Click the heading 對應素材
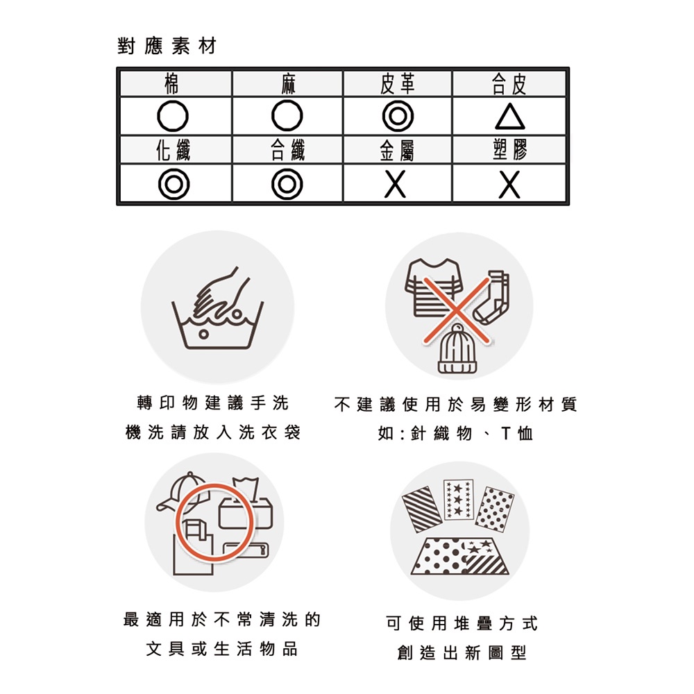[x=167, y=46]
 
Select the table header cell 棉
[x=176, y=84]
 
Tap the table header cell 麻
[x=288, y=84]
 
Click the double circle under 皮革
[x=398, y=116]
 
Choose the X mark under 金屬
[x=396, y=185]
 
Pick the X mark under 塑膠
[x=509, y=185]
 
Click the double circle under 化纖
[x=174, y=184]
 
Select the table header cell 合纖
[x=288, y=150]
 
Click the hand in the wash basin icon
[x=220, y=294]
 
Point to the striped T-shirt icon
[x=434, y=288]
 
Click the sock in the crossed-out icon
[x=492, y=297]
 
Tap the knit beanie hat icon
[x=457, y=349]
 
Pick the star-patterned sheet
[x=459, y=500]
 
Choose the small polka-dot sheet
[x=495, y=509]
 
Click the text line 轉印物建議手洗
[x=213, y=403]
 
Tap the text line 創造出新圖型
[x=462, y=652]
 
